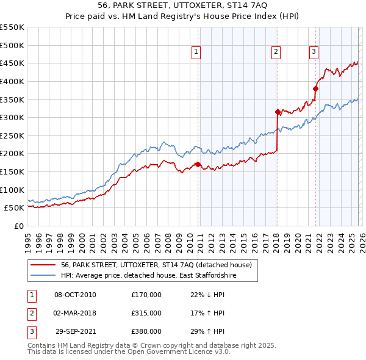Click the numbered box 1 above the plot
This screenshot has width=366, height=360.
[196, 52]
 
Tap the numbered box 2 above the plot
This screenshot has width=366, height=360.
[276, 52]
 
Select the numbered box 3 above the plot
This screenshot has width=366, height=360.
[314, 52]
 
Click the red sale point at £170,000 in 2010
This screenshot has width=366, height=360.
[198, 164]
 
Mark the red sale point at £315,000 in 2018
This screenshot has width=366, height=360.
[278, 112]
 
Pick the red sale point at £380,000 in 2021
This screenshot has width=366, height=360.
[316, 88]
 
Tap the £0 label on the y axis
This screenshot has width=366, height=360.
[19, 226]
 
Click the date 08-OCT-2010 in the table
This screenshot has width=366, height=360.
[75, 295]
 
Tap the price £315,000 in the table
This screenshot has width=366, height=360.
[146, 313]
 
